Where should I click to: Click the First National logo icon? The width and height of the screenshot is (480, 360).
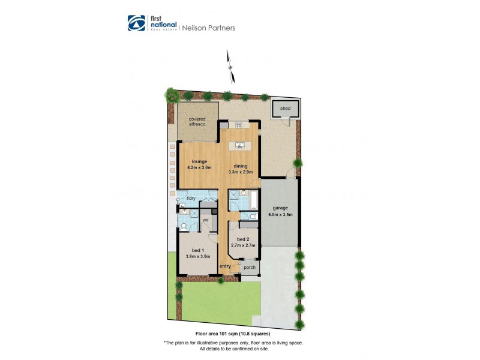point(136,23)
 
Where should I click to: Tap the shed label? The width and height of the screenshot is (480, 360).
point(285,108)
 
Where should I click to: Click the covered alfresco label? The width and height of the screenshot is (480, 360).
point(197,121)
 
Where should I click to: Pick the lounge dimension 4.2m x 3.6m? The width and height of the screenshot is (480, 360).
point(199,167)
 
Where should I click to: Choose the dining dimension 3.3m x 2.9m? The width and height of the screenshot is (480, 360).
point(241,172)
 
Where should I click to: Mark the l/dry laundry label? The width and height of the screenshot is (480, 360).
point(191,198)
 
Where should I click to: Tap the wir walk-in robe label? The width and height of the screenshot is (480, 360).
point(205,220)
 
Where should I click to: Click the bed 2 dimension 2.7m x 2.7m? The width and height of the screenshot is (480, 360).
point(243,245)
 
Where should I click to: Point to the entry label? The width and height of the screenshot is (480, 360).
point(226,266)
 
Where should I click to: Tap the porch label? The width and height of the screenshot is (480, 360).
point(250,268)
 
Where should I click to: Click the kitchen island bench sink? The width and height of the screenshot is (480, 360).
point(239,145)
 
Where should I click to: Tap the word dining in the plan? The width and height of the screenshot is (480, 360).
point(241,166)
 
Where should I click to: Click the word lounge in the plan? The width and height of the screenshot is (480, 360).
point(199,161)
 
